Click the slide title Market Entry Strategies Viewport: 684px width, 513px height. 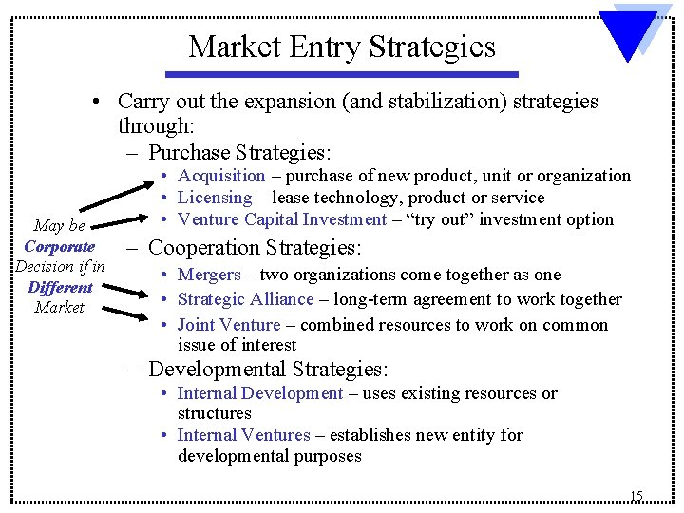342,47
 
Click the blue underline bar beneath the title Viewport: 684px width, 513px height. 342,74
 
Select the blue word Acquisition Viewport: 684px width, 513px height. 221,176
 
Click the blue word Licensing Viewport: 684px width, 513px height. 215,198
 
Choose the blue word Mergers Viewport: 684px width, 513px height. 209,275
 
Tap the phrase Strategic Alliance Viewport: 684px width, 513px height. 245,299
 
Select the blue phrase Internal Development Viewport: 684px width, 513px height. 260,393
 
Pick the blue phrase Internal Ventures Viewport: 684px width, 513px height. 243,435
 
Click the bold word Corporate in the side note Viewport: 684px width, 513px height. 60,246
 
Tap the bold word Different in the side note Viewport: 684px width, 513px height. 60,287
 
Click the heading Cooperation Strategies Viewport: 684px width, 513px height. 255,249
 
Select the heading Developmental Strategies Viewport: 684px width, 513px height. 268,370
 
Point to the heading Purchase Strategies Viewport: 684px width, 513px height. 238,151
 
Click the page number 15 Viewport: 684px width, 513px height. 636,496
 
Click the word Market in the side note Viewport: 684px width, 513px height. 59,307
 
